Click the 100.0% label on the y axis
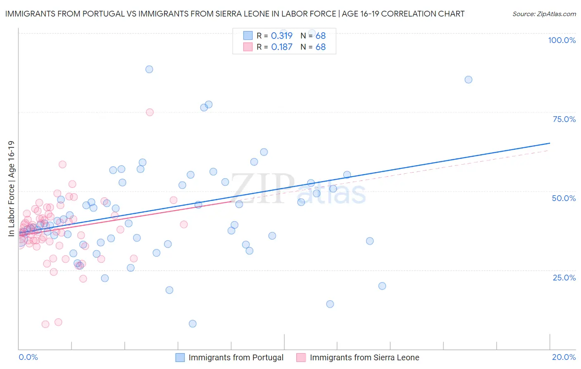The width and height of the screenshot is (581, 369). click(x=562, y=40)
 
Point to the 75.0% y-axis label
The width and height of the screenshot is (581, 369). click(x=564, y=119)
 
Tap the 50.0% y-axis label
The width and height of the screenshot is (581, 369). click(x=564, y=198)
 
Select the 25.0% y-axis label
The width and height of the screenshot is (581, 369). click(x=564, y=277)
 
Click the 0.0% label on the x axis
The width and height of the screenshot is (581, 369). click(x=28, y=357)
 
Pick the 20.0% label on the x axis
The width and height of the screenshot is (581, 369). click(x=564, y=357)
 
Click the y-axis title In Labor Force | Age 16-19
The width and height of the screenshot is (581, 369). click(x=11, y=189)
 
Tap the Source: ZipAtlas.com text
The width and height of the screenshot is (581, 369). click(x=544, y=14)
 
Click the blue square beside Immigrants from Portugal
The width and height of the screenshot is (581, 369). click(x=180, y=357)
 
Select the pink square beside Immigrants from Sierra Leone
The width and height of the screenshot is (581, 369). click(x=301, y=357)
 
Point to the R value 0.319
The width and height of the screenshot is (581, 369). click(x=281, y=36)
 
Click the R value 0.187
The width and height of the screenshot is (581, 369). click(x=281, y=47)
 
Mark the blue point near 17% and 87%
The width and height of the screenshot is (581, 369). click(x=468, y=79)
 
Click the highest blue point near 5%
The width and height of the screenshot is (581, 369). click(x=149, y=69)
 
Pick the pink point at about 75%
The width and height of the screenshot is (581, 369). click(x=150, y=112)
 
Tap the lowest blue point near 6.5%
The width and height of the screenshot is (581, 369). click(x=193, y=323)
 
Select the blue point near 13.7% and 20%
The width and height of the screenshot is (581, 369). click(x=382, y=286)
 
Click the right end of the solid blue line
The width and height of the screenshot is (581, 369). click(x=550, y=143)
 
